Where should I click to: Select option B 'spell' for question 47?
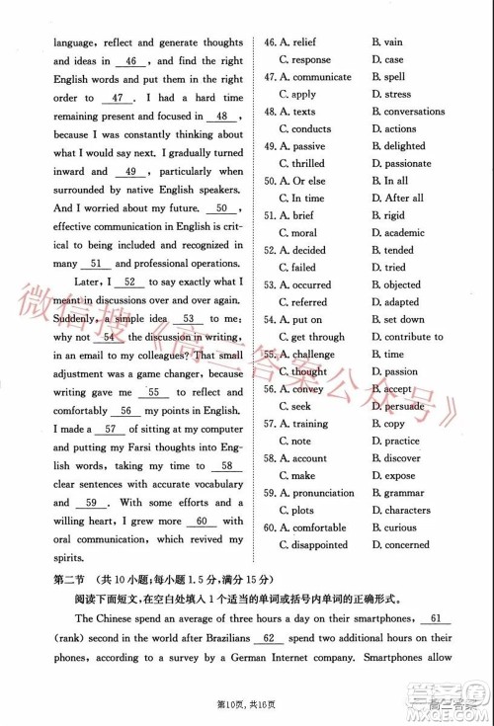point(394,77)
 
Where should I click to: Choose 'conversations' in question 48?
point(414,112)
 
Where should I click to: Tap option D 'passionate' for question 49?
point(407,164)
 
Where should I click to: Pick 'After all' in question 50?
point(403,199)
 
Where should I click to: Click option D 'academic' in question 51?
point(404,233)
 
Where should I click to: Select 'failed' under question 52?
point(303,268)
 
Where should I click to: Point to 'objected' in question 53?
point(402,284)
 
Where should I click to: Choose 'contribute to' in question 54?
point(413,337)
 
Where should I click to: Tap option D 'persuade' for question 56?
point(404,406)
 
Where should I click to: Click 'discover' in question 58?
point(402,458)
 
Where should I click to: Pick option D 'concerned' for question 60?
point(406,544)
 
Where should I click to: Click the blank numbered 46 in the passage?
point(132,61)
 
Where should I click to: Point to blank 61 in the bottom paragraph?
point(436,619)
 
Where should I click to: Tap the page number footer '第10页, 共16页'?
point(246,707)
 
